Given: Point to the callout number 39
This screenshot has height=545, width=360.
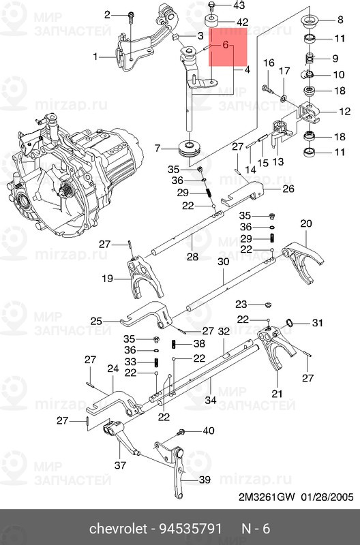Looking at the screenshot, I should (205, 480).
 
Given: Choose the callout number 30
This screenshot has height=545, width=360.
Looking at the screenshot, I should (223, 262).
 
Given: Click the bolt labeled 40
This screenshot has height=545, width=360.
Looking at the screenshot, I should (182, 432).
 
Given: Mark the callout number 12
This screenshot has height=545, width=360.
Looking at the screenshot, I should (344, 111).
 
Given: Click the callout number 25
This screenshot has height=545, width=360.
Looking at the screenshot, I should (96, 320).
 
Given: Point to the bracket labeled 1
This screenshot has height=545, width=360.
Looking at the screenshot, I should (130, 53).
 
